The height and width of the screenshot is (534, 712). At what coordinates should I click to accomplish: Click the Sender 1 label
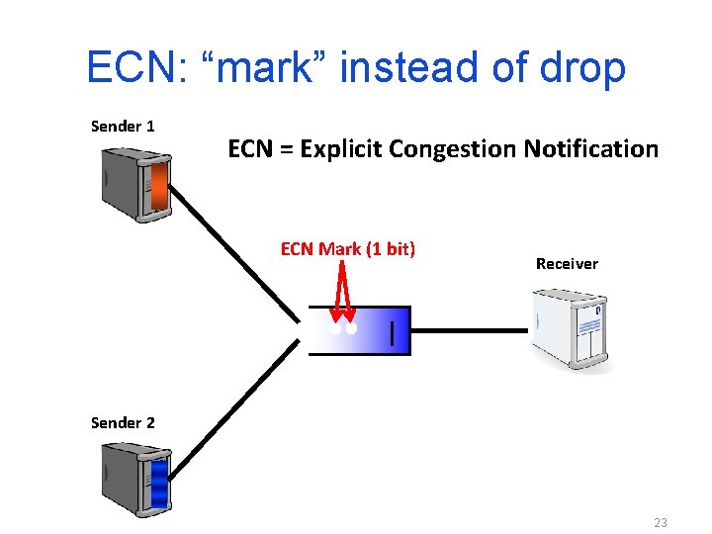click(x=123, y=127)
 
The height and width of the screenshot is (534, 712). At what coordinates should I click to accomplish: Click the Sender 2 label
click(x=123, y=423)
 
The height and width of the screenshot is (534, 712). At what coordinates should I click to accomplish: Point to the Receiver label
click(x=567, y=264)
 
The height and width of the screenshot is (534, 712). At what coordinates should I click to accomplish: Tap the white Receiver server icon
click(x=573, y=329)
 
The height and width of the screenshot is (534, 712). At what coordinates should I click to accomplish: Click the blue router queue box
click(x=358, y=330)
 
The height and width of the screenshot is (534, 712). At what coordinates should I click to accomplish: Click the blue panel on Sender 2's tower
click(x=158, y=485)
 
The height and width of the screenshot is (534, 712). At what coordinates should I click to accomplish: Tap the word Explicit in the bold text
click(x=342, y=149)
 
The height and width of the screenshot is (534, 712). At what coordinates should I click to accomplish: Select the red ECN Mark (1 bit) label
click(x=347, y=249)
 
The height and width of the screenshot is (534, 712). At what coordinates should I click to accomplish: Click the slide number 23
click(x=661, y=521)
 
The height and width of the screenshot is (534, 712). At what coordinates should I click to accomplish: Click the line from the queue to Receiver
click(x=470, y=330)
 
